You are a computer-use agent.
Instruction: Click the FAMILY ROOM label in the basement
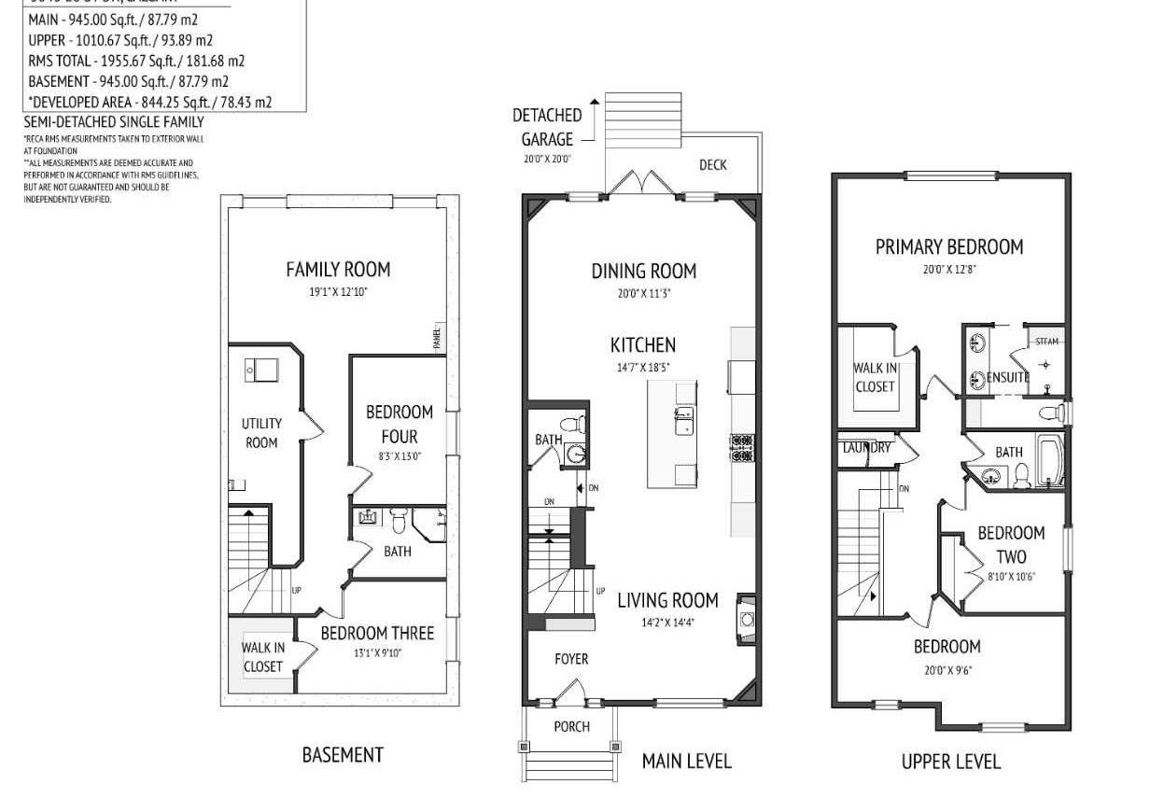tap(338, 270)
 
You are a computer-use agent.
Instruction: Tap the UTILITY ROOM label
tap(261, 433)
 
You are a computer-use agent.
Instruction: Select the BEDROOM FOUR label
tap(399, 424)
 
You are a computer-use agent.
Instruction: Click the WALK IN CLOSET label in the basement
tap(262, 657)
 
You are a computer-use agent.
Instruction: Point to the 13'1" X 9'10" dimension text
tap(376, 653)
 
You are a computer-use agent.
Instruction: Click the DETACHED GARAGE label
tap(547, 127)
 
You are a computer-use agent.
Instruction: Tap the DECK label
tap(713, 165)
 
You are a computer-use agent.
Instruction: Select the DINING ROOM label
tap(644, 272)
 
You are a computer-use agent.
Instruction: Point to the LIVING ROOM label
tap(667, 600)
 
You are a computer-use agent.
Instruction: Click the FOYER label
tap(571, 659)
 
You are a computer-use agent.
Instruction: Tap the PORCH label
tap(571, 726)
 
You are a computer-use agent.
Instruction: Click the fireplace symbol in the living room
tap(746, 617)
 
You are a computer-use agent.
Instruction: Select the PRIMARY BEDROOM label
tap(948, 247)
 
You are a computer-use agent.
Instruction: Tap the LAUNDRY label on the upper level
tap(866, 448)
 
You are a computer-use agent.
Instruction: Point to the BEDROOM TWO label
tap(1011, 544)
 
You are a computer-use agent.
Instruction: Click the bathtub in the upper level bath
tap(1051, 462)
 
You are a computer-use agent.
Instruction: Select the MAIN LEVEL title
tap(686, 762)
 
